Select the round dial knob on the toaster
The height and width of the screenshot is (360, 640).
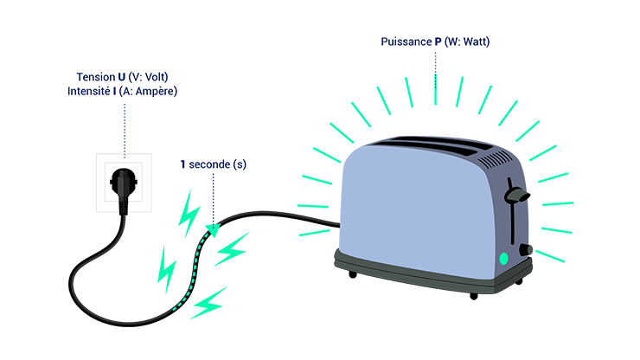point(524,249)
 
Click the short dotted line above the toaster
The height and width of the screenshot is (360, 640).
point(435,79)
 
